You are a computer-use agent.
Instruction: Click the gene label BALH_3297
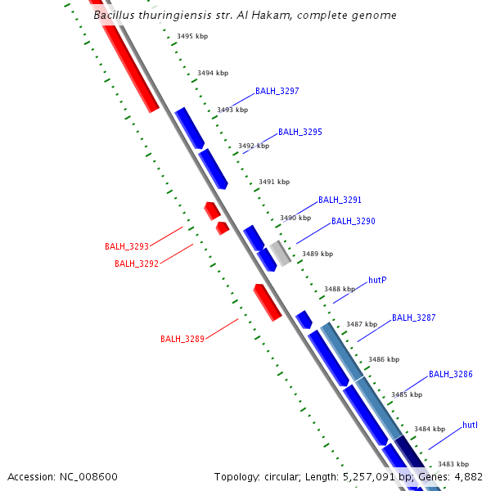pos(277,91)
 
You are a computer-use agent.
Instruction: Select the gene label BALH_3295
pos(300,132)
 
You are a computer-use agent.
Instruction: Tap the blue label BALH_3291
pos(340,200)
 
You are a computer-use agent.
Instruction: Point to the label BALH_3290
pos(353,221)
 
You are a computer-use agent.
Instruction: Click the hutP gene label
pos(377,280)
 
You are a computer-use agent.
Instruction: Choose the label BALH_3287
pos(413,318)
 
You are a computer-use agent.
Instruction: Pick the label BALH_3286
pos(451,374)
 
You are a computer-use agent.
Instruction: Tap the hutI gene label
pos(470,425)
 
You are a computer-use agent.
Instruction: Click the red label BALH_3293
pos(127,246)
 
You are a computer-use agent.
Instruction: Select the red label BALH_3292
pos(137,264)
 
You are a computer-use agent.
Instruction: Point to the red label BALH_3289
pos(182,339)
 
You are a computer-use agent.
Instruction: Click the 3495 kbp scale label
pos(192,37)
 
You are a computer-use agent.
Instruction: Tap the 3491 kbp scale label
pos(274,182)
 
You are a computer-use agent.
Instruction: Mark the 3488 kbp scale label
pos(340,289)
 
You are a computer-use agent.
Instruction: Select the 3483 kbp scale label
pos(453,464)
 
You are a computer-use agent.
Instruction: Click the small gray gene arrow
pos(281,253)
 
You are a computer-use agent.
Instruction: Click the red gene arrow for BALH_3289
pos(268,303)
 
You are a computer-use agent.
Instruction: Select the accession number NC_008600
pos(91,476)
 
